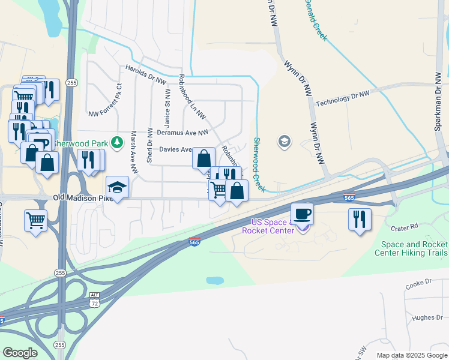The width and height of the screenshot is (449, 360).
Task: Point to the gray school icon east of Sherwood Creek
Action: (284, 142)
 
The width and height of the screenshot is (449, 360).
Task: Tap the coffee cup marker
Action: (302, 214)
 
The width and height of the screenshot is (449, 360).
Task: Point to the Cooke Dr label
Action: (418, 282)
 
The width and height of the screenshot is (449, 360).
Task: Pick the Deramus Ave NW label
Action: (182, 132)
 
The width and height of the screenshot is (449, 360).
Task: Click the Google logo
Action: (20, 353)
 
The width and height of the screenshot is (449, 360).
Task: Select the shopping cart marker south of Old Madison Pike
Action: (36, 220)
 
